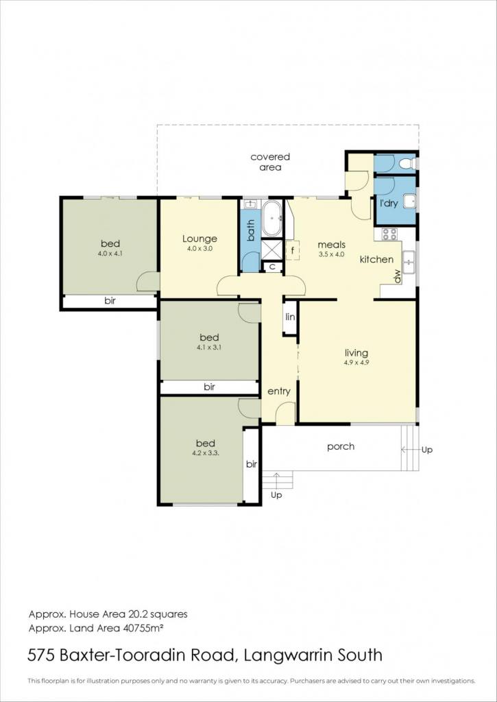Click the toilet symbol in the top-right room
pyautogui.click(x=409, y=163)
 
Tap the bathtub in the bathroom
pyautogui.click(x=271, y=219)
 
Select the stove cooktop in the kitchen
pyautogui.click(x=389, y=234)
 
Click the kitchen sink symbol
pyautogui.click(x=409, y=262)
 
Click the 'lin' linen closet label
pyautogui.click(x=290, y=317)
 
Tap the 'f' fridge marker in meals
pyautogui.click(x=293, y=250)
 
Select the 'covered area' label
pyautogui.click(x=270, y=162)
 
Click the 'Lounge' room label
pyautogui.click(x=199, y=239)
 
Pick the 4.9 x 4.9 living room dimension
pyautogui.click(x=356, y=363)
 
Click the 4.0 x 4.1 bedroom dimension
pyautogui.click(x=110, y=253)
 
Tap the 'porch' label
pyautogui.click(x=341, y=447)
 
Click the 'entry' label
pyautogui.click(x=279, y=391)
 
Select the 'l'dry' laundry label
pyautogui.click(x=389, y=203)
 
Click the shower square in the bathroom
pyautogui.click(x=271, y=250)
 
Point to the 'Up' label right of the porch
pyautogui.click(x=427, y=450)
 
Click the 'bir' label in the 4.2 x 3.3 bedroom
pyautogui.click(x=252, y=464)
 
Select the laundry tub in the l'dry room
pyautogui.click(x=410, y=202)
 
